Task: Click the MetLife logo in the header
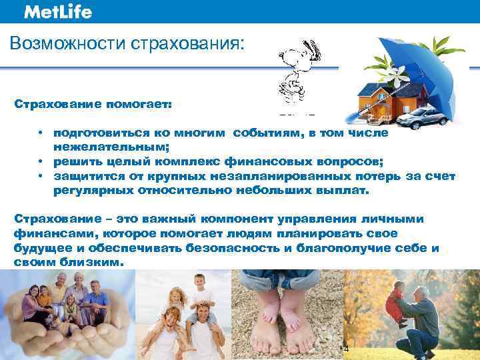click(x=57, y=12)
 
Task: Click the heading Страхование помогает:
click(x=93, y=105)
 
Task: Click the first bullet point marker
click(x=41, y=133)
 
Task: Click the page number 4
click(x=345, y=348)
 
